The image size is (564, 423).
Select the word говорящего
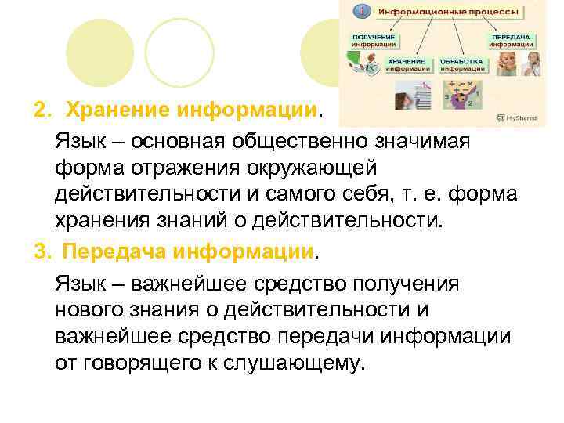(x=146, y=363)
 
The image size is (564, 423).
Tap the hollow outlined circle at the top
(x=179, y=52)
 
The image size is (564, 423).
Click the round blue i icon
(x=361, y=11)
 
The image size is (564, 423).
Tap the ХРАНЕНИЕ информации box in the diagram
(x=408, y=65)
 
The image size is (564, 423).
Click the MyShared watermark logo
(x=517, y=118)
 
